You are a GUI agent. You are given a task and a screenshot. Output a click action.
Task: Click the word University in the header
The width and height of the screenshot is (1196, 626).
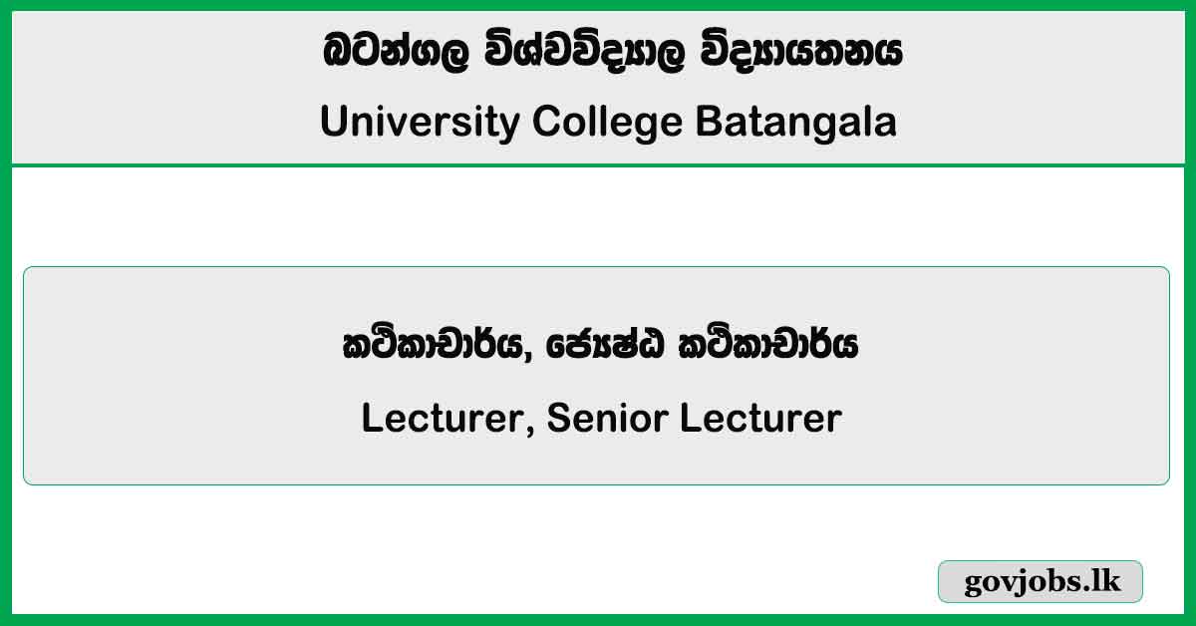(x=420, y=123)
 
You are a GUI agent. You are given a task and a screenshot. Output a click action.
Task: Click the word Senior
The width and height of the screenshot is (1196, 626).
(x=608, y=419)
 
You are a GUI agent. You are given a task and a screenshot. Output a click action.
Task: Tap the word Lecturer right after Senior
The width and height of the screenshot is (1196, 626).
(x=760, y=419)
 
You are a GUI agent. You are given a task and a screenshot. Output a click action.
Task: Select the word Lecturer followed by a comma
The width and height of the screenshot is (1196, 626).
(x=442, y=419)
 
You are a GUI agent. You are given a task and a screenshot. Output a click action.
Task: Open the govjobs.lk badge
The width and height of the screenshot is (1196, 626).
(x=1041, y=581)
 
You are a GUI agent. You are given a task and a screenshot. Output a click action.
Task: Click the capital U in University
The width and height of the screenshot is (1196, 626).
(x=332, y=123)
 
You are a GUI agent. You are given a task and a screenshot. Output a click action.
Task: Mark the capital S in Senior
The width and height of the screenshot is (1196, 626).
(x=559, y=419)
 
